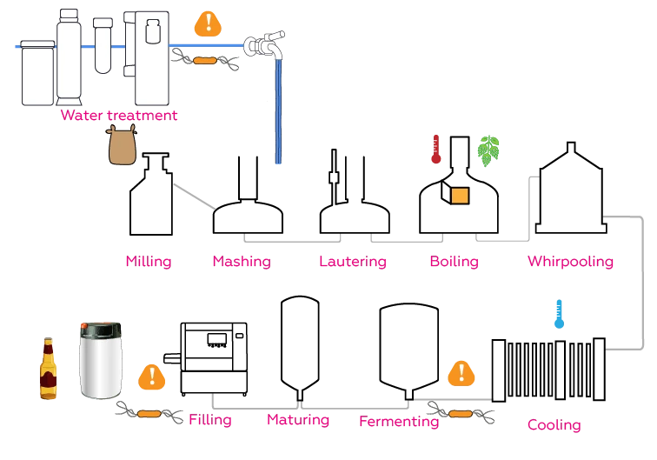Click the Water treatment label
click(118, 115)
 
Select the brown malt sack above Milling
click(123, 144)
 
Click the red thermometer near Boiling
click(436, 150)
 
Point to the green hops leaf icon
click(489, 151)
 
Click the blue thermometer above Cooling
click(559, 315)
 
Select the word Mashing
click(242, 261)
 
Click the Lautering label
click(352, 261)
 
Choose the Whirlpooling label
click(570, 261)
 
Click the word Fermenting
click(399, 422)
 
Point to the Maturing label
click(298, 420)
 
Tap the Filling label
click(210, 420)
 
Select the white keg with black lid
click(101, 359)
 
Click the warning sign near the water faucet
click(207, 23)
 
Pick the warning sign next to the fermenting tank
click(461, 374)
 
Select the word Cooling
click(554, 425)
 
